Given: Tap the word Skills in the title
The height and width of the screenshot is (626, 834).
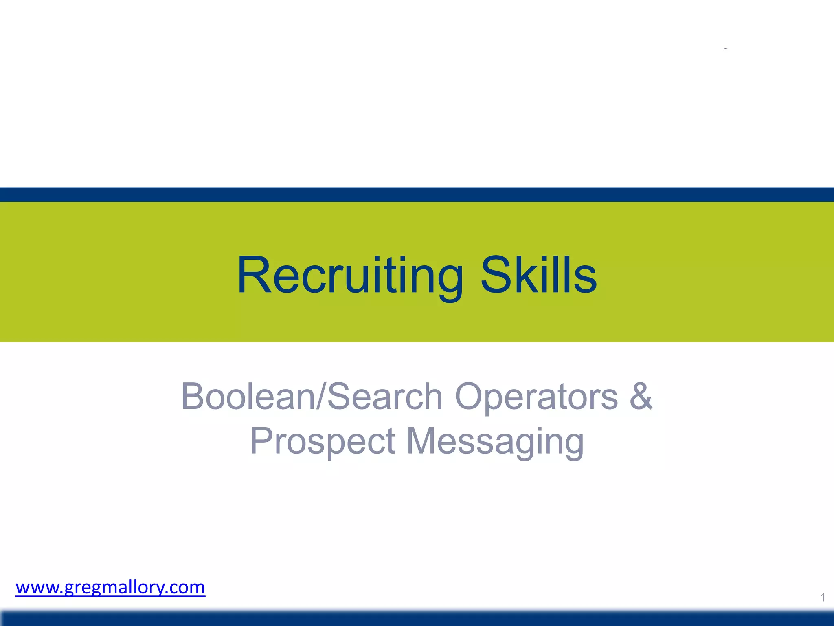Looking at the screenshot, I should click(538, 275).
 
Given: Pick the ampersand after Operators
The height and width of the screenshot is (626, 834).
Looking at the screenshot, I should click(641, 396).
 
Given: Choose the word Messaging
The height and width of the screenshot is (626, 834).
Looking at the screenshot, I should click(495, 442).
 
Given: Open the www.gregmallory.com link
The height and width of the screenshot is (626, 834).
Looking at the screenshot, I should click(110, 587).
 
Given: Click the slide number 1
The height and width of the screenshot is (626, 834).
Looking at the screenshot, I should click(823, 597).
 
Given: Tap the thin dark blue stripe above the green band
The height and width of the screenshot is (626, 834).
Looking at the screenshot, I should click(417, 195).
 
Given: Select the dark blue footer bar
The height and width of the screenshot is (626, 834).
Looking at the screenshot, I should click(417, 618).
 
